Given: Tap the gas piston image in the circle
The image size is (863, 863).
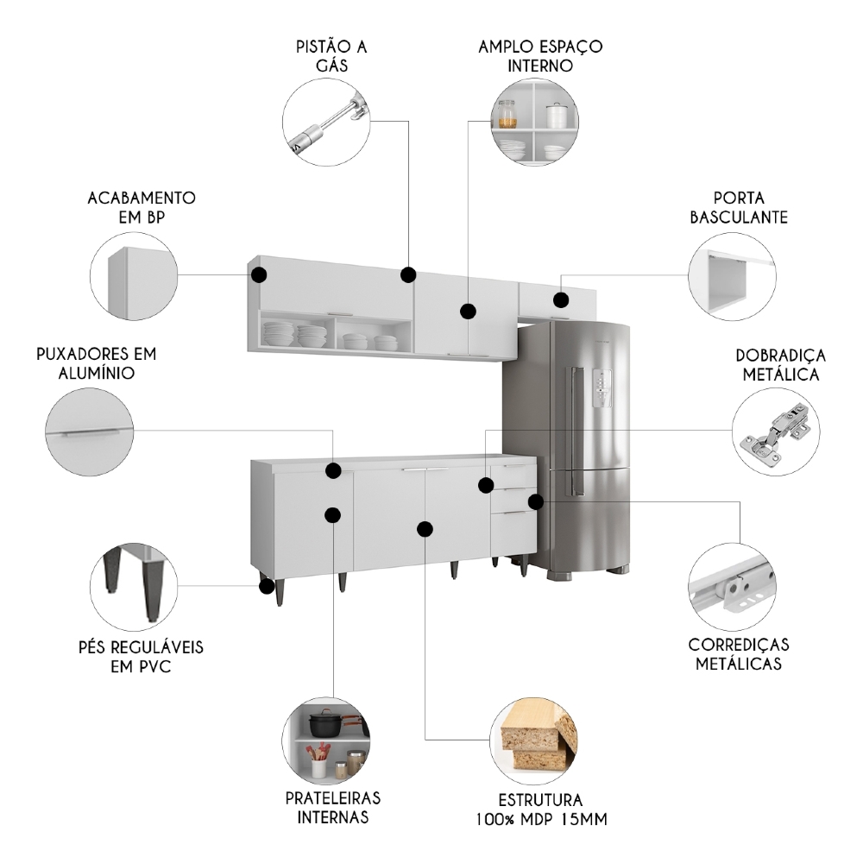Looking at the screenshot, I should pos(327,123).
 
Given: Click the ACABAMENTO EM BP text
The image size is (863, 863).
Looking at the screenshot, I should pos(142,208).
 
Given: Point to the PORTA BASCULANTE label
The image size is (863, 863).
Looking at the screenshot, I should pos(739,208).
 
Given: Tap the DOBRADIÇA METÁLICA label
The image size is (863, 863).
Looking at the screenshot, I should pos(780,365).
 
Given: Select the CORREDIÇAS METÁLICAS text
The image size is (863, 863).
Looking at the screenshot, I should pos(738,654).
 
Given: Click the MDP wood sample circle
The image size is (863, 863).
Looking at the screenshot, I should pos(534,741).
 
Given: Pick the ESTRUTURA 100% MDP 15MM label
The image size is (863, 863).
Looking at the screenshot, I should pos(540,809).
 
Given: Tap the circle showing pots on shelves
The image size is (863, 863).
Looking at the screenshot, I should pos(326,740).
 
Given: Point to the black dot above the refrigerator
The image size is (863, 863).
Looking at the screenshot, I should pos(561,300).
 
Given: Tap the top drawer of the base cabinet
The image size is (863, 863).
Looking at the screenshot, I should pos(513,474).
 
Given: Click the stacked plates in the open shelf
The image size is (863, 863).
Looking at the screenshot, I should pos(280,334).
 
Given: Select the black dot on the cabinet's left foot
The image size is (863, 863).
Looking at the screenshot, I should pos(266,586).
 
